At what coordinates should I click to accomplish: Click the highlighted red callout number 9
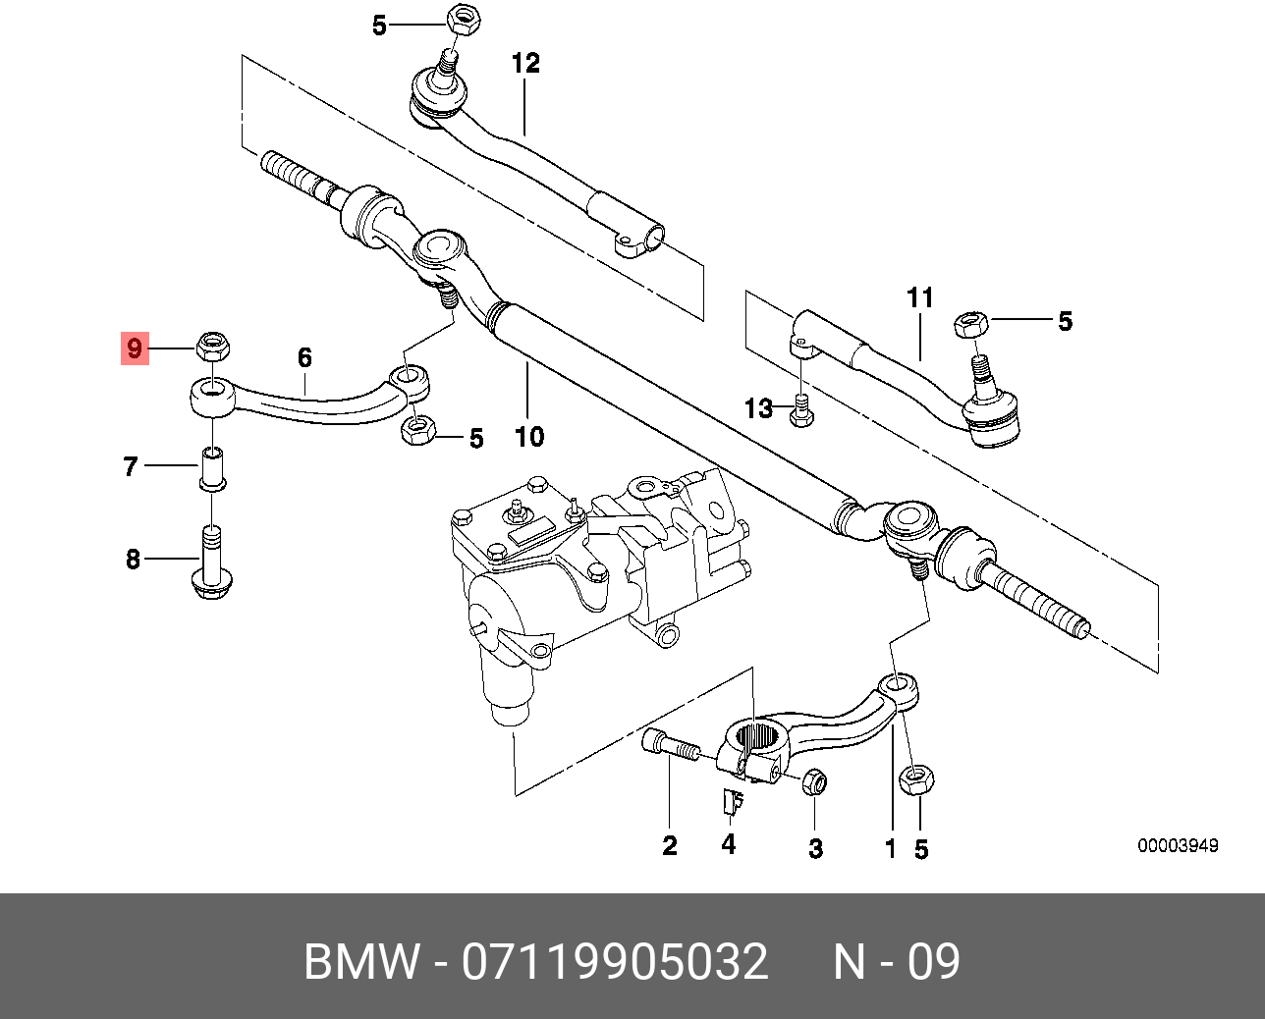(x=134, y=348)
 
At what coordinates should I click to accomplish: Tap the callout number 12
(x=525, y=64)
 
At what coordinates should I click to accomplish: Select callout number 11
(x=919, y=297)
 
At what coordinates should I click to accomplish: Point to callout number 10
(x=529, y=436)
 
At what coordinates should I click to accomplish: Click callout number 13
(x=758, y=408)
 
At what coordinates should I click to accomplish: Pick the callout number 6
(x=304, y=358)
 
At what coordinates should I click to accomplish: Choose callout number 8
(x=133, y=560)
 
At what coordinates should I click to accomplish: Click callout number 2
(x=669, y=845)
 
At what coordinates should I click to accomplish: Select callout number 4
(x=728, y=843)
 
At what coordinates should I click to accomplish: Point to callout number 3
(x=815, y=848)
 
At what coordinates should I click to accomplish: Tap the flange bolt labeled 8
(x=211, y=563)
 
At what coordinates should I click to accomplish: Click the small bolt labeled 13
(x=800, y=410)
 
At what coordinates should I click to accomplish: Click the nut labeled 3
(x=814, y=782)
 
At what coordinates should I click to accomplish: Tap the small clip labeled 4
(x=729, y=803)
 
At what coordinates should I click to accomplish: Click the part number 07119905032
(x=615, y=962)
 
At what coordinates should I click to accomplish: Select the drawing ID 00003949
(x=1178, y=846)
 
